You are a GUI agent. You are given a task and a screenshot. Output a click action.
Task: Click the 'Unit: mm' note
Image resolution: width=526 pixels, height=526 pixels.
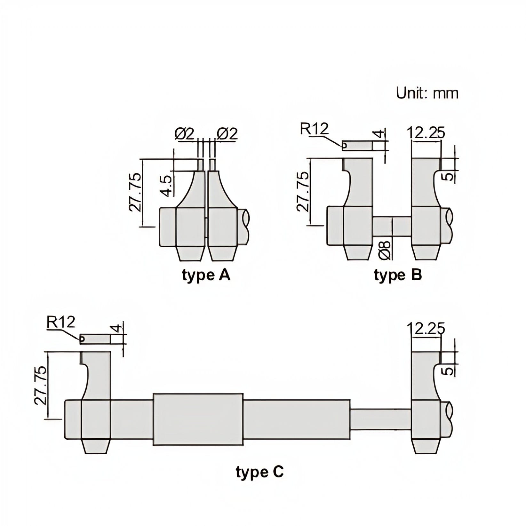(427, 93)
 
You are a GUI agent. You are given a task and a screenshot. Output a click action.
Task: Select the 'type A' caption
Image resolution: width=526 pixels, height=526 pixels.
(206, 275)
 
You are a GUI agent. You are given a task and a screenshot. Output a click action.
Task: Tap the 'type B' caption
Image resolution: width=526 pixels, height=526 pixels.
(398, 275)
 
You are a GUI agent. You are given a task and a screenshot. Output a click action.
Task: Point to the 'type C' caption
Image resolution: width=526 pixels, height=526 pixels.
(259, 472)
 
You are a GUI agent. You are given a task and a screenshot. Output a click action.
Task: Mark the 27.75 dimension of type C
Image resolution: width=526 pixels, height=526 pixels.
(41, 386)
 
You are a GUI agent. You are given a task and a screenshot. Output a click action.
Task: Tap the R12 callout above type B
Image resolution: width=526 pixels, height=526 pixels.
(314, 129)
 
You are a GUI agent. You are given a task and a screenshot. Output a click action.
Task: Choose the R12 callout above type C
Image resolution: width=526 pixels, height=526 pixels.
(60, 322)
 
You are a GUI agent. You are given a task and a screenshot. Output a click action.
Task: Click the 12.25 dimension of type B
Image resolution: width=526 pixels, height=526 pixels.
(426, 132)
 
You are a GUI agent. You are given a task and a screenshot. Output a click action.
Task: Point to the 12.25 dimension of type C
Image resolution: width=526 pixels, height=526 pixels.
(426, 329)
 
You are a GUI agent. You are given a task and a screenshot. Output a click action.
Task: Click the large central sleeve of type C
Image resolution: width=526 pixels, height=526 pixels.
(198, 419)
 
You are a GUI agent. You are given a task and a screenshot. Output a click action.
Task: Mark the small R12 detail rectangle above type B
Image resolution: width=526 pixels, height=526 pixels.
(357, 146)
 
